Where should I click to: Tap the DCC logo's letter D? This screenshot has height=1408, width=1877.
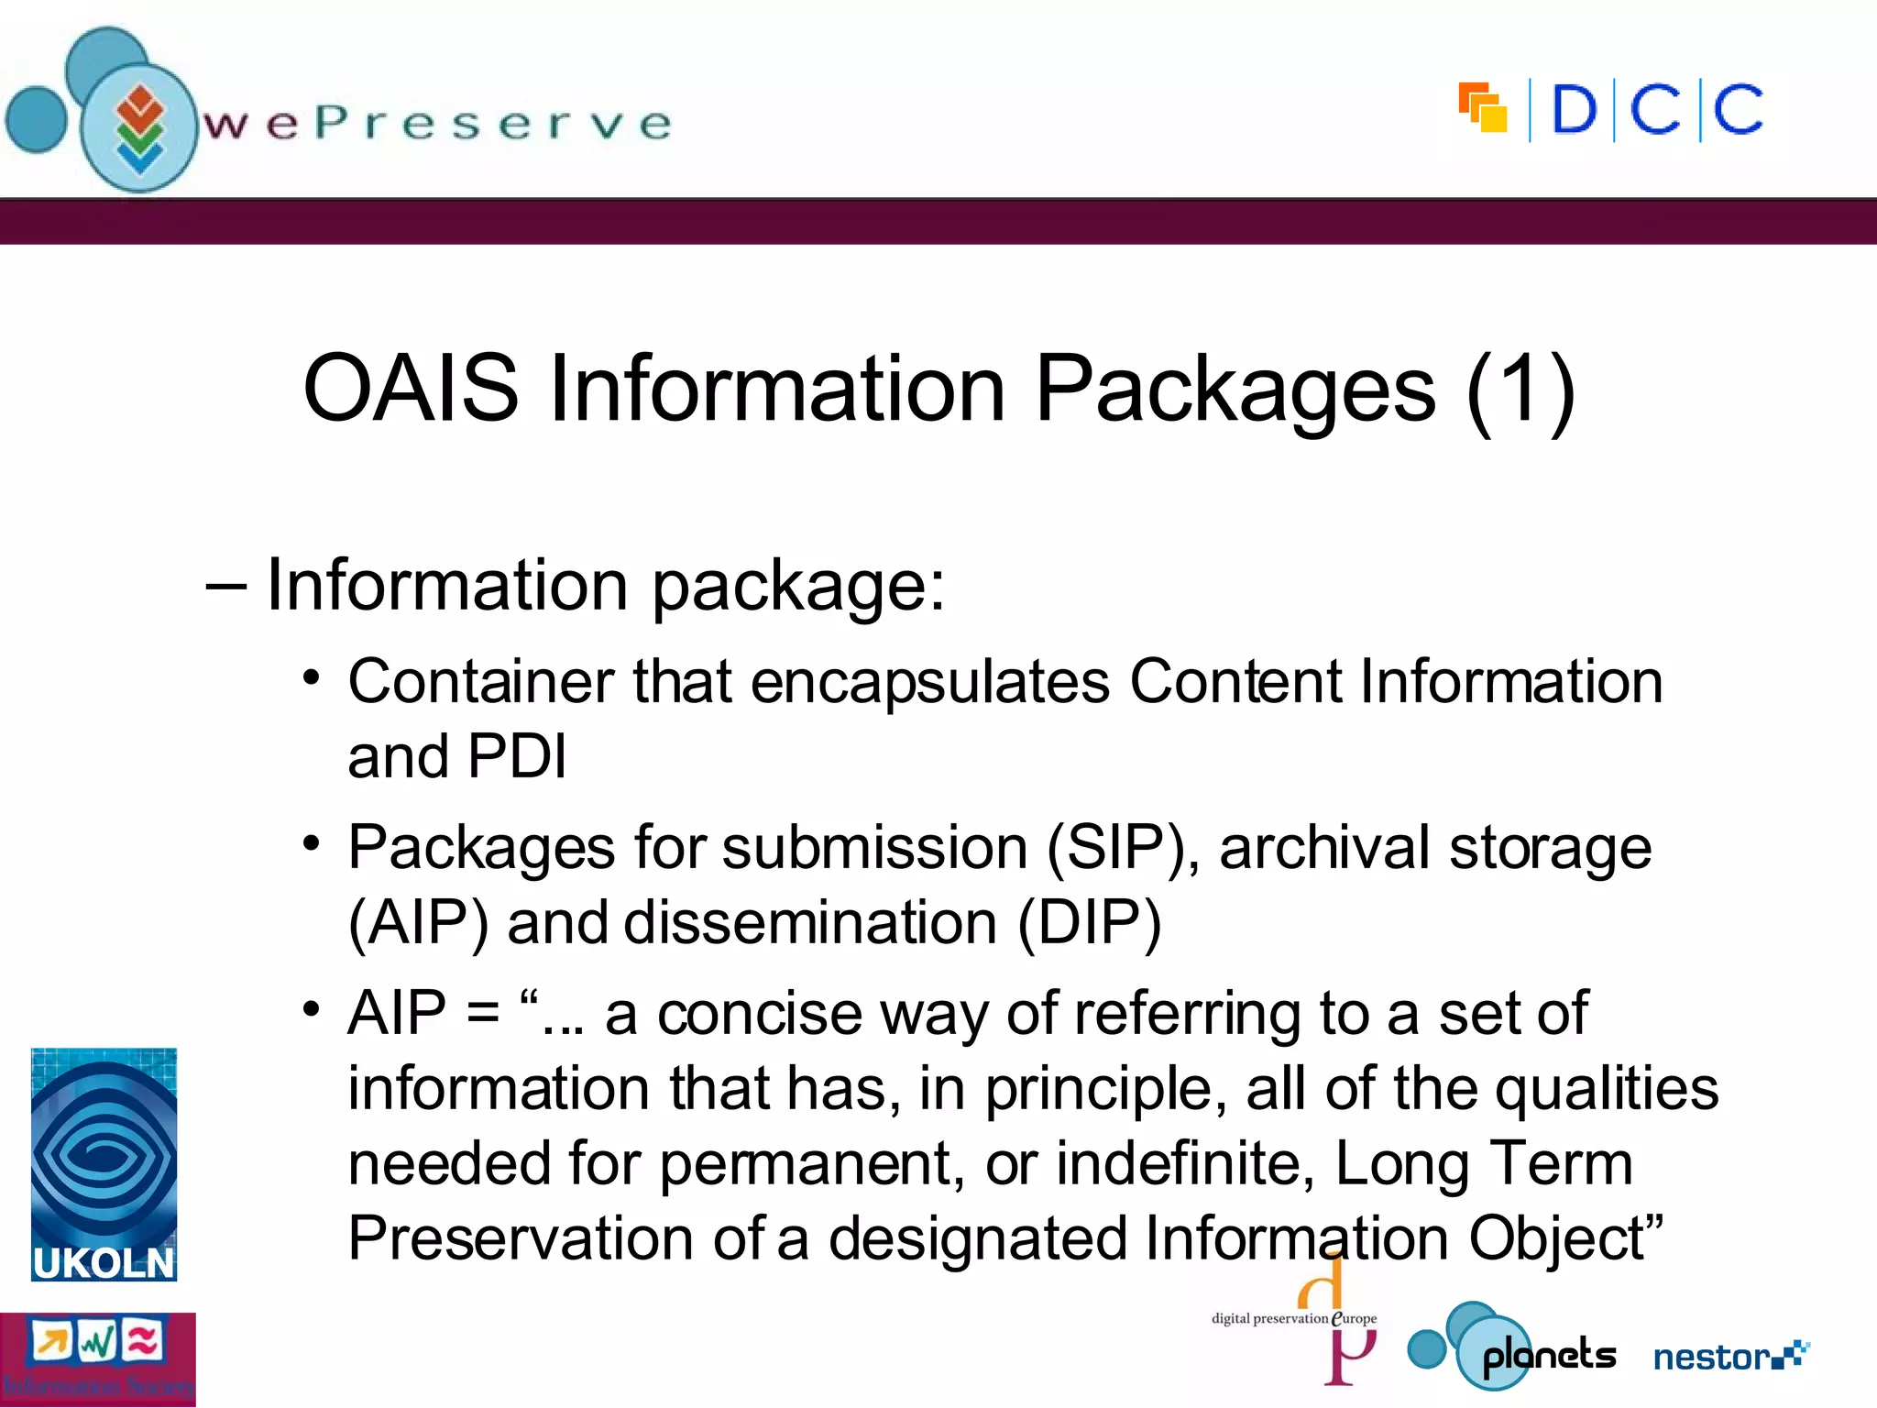[1575, 111]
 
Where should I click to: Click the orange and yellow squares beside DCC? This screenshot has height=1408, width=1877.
[1483, 108]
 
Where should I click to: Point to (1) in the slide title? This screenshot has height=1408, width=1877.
[1520, 389]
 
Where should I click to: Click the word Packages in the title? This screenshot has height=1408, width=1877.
[1235, 390]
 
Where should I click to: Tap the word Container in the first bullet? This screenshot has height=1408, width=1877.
[480, 682]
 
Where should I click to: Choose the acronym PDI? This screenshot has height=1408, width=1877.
[517, 757]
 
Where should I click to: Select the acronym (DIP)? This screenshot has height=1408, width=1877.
[1090, 922]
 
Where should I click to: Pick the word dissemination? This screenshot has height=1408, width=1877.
[810, 922]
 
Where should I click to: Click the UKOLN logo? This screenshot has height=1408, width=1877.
[104, 1164]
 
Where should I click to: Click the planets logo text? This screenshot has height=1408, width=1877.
[1549, 1355]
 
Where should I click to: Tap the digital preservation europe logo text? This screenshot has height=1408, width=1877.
[1293, 1319]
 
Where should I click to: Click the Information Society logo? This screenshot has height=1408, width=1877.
[97, 1360]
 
